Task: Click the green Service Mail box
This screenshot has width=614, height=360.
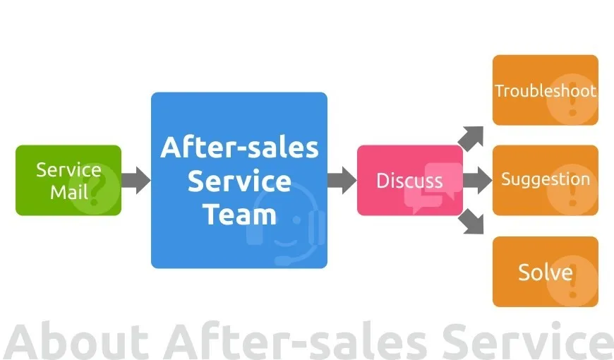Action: pyautogui.click(x=68, y=180)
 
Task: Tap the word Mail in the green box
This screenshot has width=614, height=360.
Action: pyautogui.click(x=68, y=191)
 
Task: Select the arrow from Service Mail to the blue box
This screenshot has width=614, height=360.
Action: pyautogui.click(x=136, y=180)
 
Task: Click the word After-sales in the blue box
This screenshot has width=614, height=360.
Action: pyautogui.click(x=239, y=148)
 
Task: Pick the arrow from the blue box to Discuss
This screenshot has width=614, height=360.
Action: pyautogui.click(x=342, y=180)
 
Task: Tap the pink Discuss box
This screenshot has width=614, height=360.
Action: pyautogui.click(x=409, y=180)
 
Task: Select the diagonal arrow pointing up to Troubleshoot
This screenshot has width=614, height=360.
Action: pyautogui.click(x=471, y=138)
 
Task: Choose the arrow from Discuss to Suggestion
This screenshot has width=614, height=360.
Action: pyautogui.click(x=477, y=180)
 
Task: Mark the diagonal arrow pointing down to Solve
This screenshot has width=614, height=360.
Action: pyautogui.click(x=471, y=222)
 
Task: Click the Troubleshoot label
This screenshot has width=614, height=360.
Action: pyautogui.click(x=545, y=91)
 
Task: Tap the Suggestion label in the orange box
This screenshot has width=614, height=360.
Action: pyautogui.click(x=545, y=179)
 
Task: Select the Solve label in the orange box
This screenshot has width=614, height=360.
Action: pyautogui.click(x=545, y=272)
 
